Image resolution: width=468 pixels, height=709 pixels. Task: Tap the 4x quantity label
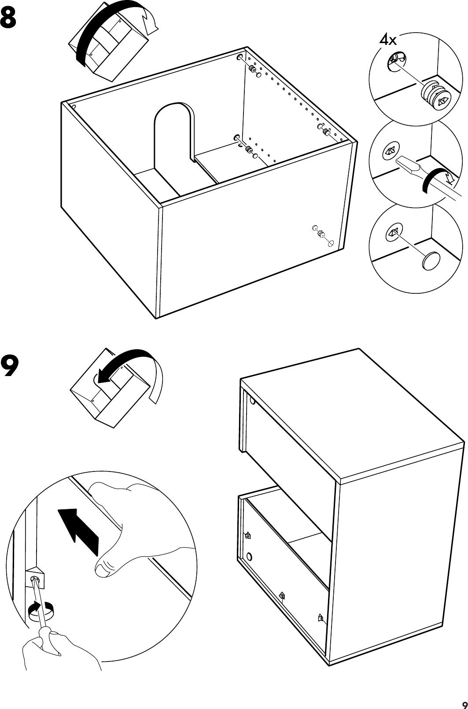point(388,41)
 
